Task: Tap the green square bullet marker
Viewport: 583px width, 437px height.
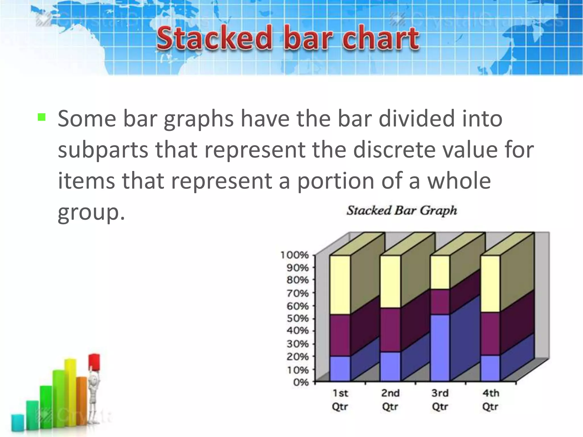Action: [x=42, y=117]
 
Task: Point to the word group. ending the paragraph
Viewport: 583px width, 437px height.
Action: [x=91, y=212]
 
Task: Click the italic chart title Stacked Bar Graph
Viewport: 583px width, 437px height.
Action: [x=402, y=211]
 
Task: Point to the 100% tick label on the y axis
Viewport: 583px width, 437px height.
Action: [x=294, y=255]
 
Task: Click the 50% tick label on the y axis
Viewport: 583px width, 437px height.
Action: [x=297, y=318]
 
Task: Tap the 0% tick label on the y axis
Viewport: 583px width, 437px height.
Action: [x=301, y=382]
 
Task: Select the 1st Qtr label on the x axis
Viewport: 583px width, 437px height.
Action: [x=340, y=400]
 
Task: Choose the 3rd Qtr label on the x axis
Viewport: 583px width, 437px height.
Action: [x=440, y=400]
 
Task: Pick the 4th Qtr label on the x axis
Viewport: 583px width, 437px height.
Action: [x=490, y=400]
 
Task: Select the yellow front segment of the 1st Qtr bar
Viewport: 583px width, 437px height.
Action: [x=340, y=285]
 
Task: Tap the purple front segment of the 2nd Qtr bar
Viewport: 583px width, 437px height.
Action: [x=390, y=329]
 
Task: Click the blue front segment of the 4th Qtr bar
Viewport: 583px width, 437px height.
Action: [x=490, y=368]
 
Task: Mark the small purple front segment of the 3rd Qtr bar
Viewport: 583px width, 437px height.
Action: [x=440, y=302]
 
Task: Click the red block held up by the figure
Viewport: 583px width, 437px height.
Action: [x=94, y=361]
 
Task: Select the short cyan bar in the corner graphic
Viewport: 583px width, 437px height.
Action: [x=18, y=422]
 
